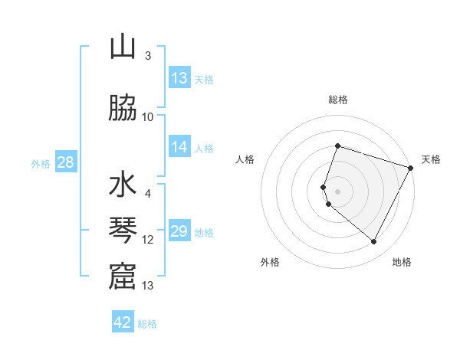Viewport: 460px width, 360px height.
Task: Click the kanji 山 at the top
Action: (x=123, y=47)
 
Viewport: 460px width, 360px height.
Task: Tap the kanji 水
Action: (x=123, y=187)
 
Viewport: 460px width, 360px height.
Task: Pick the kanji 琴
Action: (x=123, y=231)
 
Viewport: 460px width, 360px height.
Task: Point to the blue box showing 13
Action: (x=179, y=78)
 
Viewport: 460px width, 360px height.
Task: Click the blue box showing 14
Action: (x=179, y=147)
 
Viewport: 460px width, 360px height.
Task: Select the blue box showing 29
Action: (x=179, y=231)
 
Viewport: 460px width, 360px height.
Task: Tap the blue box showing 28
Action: (x=64, y=162)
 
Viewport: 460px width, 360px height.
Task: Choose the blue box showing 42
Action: (x=123, y=322)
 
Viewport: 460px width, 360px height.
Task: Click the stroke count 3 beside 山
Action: (x=148, y=56)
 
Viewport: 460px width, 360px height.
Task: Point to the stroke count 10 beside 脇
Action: (x=148, y=117)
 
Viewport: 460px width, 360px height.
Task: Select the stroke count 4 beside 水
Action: (x=148, y=194)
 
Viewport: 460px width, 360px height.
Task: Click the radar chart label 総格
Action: (x=337, y=100)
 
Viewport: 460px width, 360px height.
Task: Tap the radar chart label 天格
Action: (x=431, y=159)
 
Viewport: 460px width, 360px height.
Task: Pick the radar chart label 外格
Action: (x=270, y=262)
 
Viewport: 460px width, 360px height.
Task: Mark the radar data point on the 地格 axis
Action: (x=374, y=242)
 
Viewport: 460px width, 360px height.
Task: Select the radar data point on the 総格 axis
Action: (x=337, y=146)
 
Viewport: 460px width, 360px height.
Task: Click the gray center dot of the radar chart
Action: (x=337, y=191)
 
